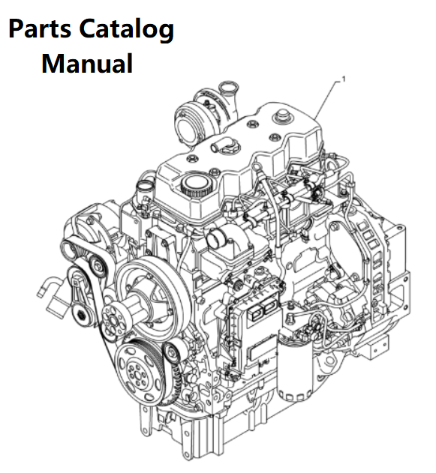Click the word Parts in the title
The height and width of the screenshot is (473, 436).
[x=40, y=29]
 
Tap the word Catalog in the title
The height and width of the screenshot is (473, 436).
[x=127, y=30]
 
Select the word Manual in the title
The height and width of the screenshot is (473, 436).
[x=87, y=64]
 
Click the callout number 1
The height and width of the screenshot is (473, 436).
[x=343, y=79]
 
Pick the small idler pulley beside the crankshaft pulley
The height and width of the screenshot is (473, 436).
[x=173, y=352]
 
